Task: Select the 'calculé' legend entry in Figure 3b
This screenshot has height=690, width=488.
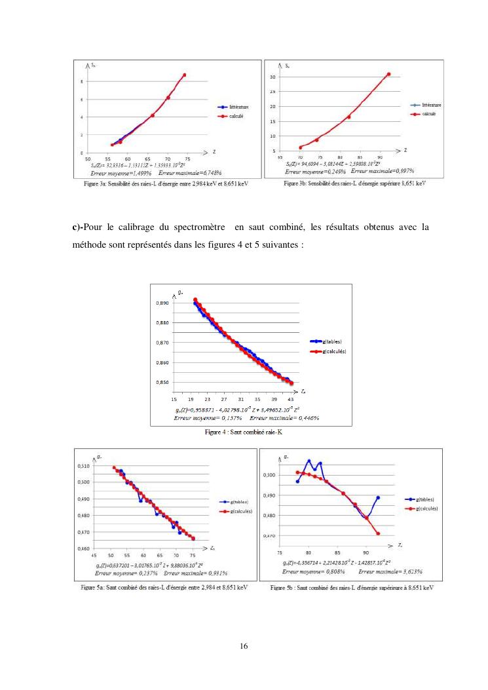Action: [x=429, y=113]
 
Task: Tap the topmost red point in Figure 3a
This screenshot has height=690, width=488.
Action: [x=185, y=75]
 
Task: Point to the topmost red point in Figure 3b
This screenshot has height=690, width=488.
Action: [x=388, y=74]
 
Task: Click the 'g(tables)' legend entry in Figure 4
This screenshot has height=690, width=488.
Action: [x=331, y=341]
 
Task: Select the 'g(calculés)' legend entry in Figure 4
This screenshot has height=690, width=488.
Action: [x=333, y=352]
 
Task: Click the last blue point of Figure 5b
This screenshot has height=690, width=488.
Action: [x=378, y=497]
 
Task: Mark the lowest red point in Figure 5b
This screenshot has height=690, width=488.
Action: [x=378, y=533]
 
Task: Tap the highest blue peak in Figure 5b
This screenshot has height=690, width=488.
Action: [x=309, y=461]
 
